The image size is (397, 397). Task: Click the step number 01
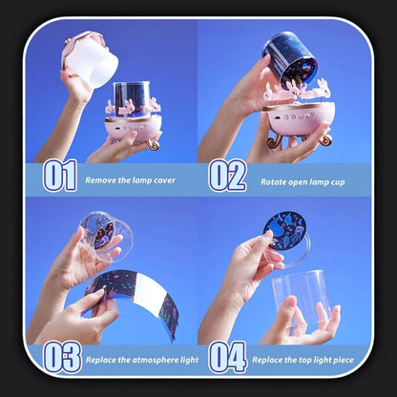tap(60, 176)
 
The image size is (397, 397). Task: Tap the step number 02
tap(227, 176)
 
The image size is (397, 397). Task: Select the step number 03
tap(62, 357)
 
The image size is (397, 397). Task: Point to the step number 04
tap(228, 357)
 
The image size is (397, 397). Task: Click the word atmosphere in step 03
tap(152, 360)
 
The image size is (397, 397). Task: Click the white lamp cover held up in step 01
tap(90, 59)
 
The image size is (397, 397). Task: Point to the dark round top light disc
tap(284, 231)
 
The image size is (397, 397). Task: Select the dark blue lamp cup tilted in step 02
tap(290, 59)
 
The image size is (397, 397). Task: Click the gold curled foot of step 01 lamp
tap(154, 144)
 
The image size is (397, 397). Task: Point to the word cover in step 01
tap(164, 180)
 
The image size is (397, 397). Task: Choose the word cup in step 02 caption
tap(338, 182)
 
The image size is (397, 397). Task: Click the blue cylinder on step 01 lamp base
tap(132, 95)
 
